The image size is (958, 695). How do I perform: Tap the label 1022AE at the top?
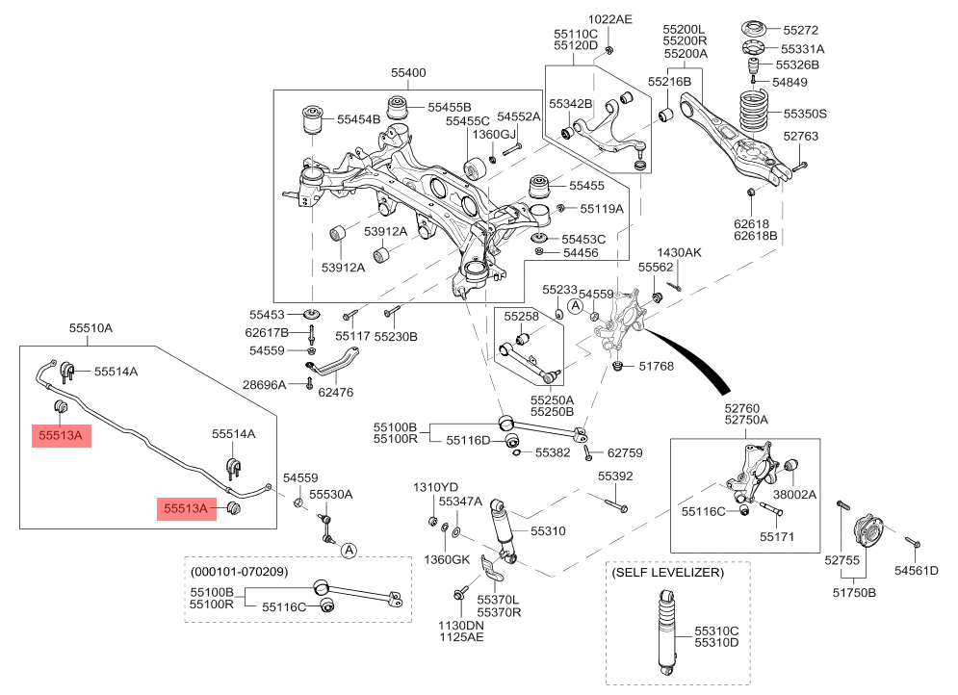tap(610, 19)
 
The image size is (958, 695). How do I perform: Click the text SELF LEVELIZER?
tap(667, 572)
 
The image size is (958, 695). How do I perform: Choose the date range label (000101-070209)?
tap(239, 570)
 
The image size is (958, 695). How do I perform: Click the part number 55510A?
tap(91, 328)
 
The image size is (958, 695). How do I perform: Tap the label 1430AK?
tap(680, 252)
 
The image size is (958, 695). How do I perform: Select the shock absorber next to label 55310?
tap(503, 529)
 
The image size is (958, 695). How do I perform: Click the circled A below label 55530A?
tap(349, 551)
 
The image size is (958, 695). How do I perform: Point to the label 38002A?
tap(794, 494)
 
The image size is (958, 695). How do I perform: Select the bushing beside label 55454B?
tap(314, 121)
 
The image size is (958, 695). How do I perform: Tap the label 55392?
tap(615, 476)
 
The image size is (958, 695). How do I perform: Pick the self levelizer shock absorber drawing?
tap(664, 630)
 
